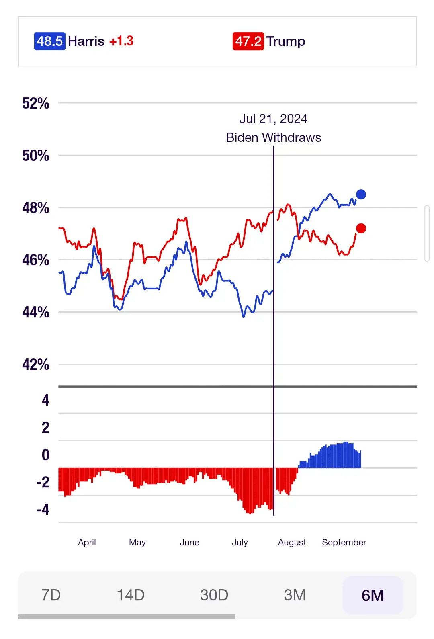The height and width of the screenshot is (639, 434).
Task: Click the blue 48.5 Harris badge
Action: pos(49,41)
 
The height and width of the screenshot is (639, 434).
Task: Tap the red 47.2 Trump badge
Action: pos(248,41)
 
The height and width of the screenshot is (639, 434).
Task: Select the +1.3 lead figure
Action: pos(121,41)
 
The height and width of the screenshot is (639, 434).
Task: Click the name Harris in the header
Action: pos(86,41)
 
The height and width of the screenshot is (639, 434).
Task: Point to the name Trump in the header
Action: pos(286,41)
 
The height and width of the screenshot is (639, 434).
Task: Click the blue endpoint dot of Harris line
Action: pos(361,195)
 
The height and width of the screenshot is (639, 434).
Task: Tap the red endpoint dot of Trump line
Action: pos(361,228)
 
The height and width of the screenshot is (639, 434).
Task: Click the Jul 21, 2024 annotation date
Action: pos(273,119)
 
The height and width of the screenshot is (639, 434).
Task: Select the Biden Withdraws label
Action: pos(273,137)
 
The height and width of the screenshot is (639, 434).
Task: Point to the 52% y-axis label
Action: pos(35,103)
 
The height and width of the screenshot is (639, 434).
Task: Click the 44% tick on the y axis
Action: pos(35,312)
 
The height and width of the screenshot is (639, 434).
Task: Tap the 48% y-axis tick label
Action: pos(35,208)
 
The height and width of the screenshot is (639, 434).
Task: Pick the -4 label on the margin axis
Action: pos(43,510)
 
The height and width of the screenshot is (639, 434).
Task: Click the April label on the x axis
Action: pos(87,542)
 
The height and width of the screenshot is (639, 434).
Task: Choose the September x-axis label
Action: pos(344,542)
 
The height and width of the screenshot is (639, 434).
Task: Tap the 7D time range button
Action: pos(51,595)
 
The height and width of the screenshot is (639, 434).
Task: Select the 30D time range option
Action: pos(214,595)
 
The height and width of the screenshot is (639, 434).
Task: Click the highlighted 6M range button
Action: pos(373,595)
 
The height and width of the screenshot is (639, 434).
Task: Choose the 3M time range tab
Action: pos(295,595)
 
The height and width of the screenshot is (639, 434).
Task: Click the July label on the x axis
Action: pos(240,542)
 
